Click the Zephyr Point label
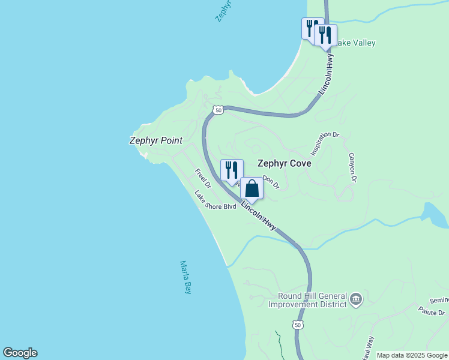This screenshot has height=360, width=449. pyautogui.click(x=155, y=140)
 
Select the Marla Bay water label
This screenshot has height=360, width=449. pyautogui.click(x=185, y=277)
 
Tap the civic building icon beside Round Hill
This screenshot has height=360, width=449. pyautogui.click(x=356, y=299)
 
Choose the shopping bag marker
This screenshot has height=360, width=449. pyautogui.click(x=252, y=188)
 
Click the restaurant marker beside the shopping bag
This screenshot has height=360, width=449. pyautogui.click(x=232, y=170)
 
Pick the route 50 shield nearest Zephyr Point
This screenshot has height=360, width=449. pyautogui.click(x=218, y=110)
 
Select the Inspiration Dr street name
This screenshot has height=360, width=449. pyautogui.click(x=325, y=143)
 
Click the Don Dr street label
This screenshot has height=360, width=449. pyautogui.click(x=271, y=182)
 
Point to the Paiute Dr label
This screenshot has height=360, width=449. pyautogui.click(x=432, y=313)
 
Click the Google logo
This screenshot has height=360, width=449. pyautogui.click(x=20, y=353)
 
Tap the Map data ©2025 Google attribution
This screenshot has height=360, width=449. pyautogui.click(x=412, y=355)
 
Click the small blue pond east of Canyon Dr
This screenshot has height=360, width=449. pyautogui.click(x=433, y=215)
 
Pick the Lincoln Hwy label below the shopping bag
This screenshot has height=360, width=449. pyautogui.click(x=259, y=215)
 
